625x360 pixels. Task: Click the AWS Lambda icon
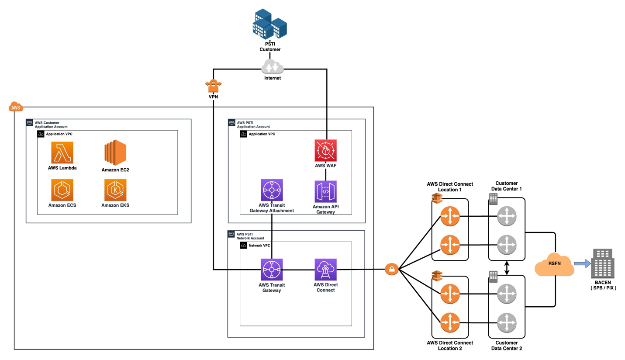pos(62,152)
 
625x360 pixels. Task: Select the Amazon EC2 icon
pos(115,152)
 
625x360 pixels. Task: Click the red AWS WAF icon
pos(325,150)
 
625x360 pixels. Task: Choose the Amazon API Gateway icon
pos(325,191)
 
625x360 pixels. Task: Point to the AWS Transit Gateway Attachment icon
pos(272,190)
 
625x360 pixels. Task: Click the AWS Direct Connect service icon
pos(325,270)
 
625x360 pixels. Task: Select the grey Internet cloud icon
pos(273,67)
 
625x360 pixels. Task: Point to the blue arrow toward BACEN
pos(581,263)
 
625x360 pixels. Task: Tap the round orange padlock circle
pos(391,270)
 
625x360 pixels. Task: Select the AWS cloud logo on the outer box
pos(15,107)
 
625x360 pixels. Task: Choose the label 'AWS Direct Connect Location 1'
pos(449,187)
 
